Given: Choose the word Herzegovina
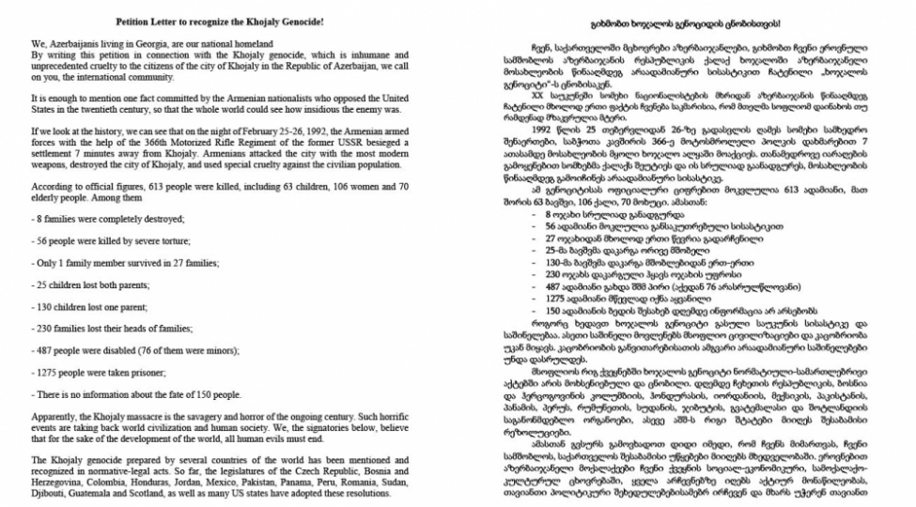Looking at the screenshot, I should (62, 479).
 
